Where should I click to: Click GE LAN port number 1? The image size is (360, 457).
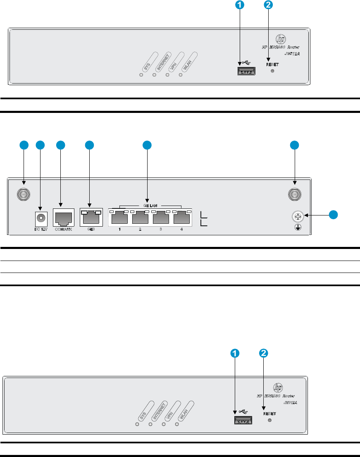pyautogui.click(x=119, y=218)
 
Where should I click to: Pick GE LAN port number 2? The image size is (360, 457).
pyautogui.click(x=140, y=218)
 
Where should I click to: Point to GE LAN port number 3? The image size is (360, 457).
pyautogui.click(x=161, y=218)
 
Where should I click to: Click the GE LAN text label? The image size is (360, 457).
pyautogui.click(x=150, y=205)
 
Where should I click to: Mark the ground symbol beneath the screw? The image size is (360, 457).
pyautogui.click(x=297, y=227)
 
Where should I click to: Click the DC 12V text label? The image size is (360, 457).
pyautogui.click(x=40, y=229)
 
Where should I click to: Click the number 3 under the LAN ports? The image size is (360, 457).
pyautogui.click(x=161, y=229)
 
